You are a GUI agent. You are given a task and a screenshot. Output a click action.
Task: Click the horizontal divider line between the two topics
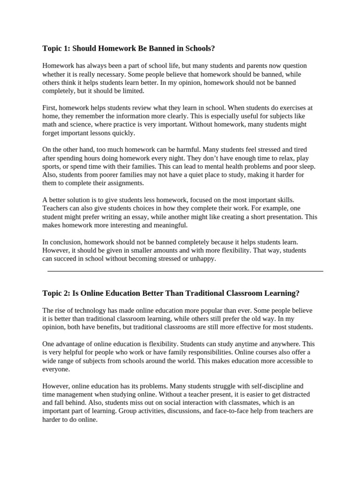coord(185,271)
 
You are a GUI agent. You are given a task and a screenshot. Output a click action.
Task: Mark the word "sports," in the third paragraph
coord(52,167)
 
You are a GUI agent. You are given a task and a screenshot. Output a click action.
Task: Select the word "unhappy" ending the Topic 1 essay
coord(203,259)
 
